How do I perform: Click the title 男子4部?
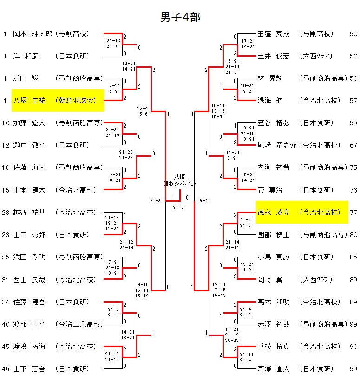click(x=180, y=17)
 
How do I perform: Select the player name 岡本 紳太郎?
click(x=32, y=34)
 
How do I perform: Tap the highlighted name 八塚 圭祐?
click(x=28, y=101)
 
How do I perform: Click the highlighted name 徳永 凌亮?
click(x=274, y=212)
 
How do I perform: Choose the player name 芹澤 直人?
click(x=274, y=369)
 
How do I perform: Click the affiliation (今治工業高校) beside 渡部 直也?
click(x=79, y=324)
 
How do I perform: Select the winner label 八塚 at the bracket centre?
click(x=180, y=177)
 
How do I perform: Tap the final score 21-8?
click(x=155, y=201)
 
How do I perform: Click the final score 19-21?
click(x=203, y=201)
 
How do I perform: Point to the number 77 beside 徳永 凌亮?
click(x=353, y=212)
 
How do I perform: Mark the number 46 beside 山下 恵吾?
click(x=6, y=369)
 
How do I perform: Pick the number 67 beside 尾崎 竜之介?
click(x=353, y=145)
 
